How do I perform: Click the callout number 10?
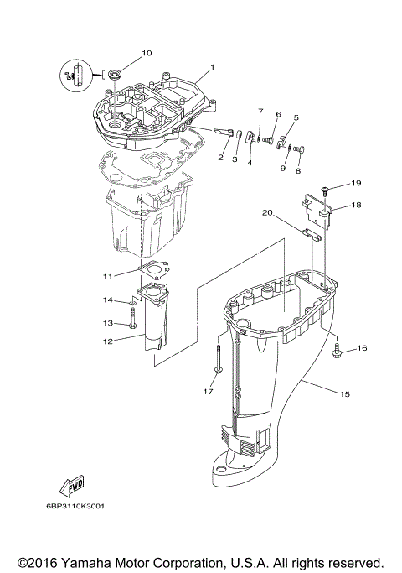(x=147, y=53)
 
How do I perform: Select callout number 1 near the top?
(x=212, y=67)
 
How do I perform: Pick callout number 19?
(x=355, y=183)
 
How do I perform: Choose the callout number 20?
(x=268, y=213)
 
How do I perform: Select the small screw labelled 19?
(x=324, y=183)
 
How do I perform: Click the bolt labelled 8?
(x=301, y=151)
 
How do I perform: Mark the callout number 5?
(x=296, y=118)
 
